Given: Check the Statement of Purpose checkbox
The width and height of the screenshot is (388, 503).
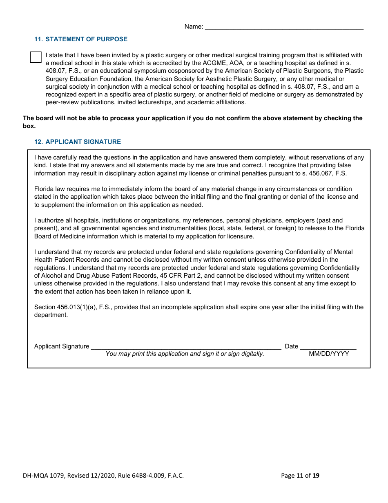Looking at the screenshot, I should (x=36, y=57).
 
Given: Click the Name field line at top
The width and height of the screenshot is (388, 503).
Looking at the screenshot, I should (x=284, y=27).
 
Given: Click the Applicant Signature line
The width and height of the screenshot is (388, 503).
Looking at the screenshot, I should (x=186, y=346).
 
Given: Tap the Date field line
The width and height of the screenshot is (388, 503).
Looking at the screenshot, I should (x=328, y=346).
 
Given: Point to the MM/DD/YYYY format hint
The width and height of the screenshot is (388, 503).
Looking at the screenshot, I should (x=329, y=354).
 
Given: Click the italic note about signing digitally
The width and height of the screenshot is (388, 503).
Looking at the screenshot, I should (x=185, y=354).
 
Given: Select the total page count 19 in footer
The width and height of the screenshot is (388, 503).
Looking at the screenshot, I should (x=316, y=475).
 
